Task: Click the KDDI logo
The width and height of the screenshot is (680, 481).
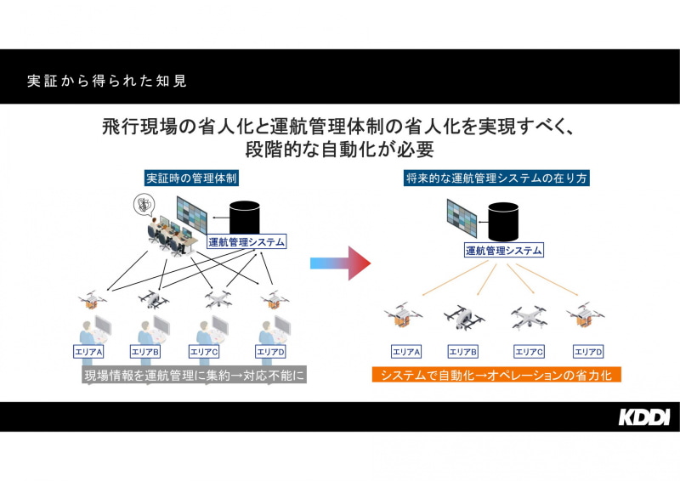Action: coord(643,416)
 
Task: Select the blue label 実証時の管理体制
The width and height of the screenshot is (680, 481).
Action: coord(190,179)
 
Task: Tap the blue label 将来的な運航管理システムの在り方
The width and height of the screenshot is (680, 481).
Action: coord(497,179)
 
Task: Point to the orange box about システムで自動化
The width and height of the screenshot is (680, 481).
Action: coord(497,375)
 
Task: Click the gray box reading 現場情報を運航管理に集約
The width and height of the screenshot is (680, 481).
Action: coord(194,375)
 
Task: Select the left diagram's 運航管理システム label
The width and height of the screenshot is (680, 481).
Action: coord(246,241)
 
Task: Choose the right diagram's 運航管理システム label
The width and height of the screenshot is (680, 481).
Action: coord(503,250)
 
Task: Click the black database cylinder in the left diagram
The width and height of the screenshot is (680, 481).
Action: coord(246,217)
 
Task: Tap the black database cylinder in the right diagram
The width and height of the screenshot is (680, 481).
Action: coord(503,223)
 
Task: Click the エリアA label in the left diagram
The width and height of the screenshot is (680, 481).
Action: coord(88,351)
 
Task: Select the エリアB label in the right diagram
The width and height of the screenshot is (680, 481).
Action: coord(463,351)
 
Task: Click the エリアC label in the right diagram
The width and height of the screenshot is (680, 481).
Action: coord(529,351)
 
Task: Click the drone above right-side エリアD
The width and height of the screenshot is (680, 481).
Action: coord(585,315)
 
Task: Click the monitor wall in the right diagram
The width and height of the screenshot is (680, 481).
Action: coord(462,219)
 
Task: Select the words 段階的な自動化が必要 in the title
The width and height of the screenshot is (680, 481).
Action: coord(340,150)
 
